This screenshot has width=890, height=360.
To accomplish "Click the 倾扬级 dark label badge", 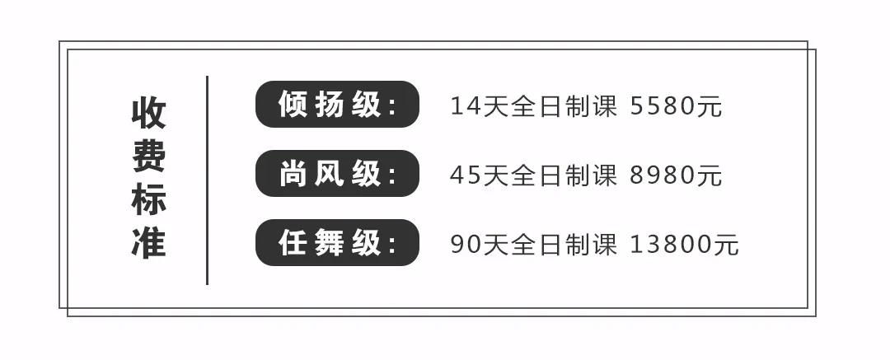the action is coord(337,104).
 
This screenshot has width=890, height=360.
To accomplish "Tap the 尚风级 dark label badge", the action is coord(337,173).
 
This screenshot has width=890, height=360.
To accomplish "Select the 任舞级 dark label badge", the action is coord(337,242).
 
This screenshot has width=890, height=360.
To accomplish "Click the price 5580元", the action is coord(676,106).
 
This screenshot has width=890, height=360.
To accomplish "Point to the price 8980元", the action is coord(676,175).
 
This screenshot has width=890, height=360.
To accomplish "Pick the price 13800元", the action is coord(685,245).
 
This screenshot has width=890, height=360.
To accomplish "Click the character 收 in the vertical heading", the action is coord(148,113).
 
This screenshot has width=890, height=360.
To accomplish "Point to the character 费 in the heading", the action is coord(148,157).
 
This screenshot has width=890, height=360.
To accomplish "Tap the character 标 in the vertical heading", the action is coord(148,200).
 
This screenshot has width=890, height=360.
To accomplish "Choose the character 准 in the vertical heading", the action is coord(148,243).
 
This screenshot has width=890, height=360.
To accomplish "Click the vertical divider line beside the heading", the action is coord(207,180).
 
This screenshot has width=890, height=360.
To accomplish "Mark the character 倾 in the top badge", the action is coord(293,104).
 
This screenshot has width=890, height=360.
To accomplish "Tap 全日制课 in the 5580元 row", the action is coord(564,106).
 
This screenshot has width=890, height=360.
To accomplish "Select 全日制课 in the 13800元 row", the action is coord(564,245).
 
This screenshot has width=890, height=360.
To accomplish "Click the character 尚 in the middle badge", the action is coord(293,173).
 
